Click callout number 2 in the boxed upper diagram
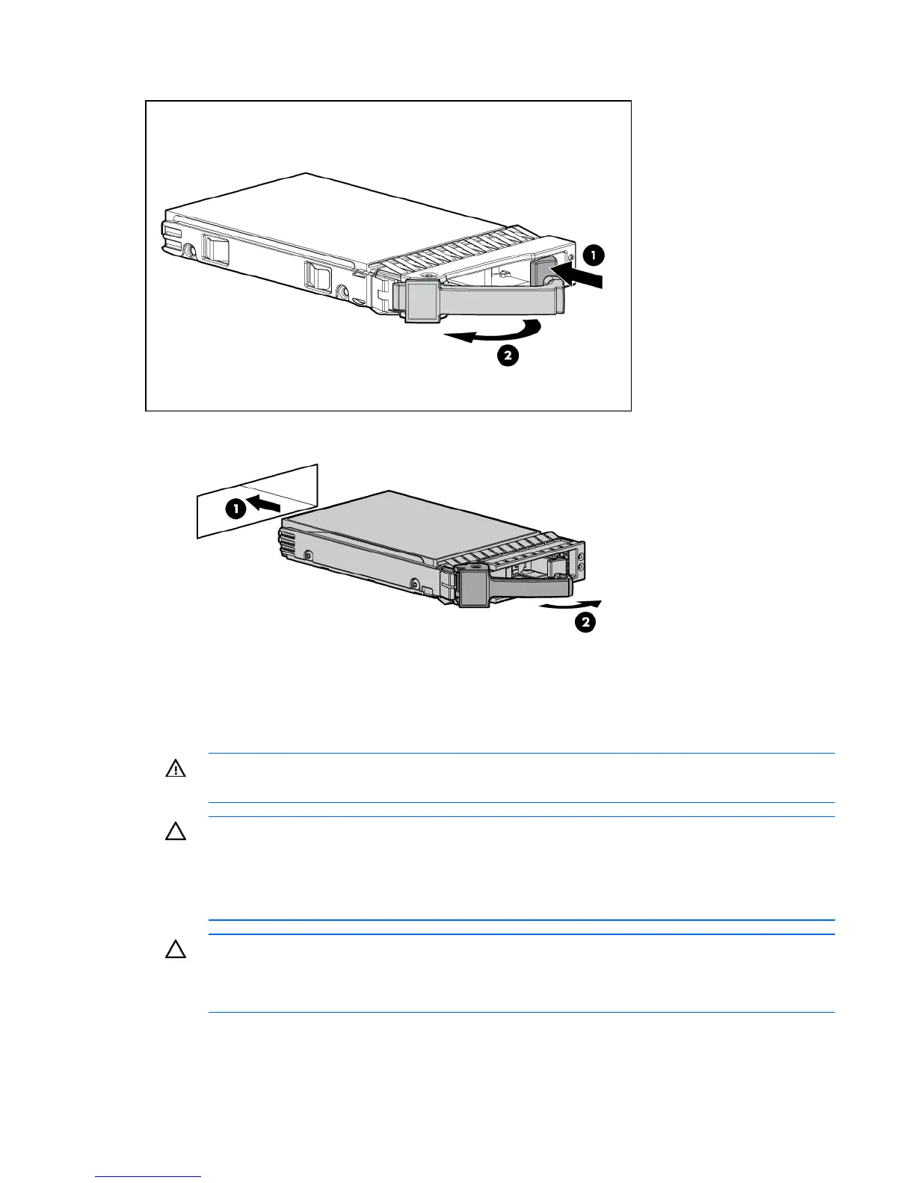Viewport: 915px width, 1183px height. coord(508,356)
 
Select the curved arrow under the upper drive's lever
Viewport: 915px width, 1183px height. coord(490,332)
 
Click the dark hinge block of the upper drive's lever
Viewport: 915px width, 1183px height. coord(420,302)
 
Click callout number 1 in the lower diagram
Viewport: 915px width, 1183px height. coord(235,509)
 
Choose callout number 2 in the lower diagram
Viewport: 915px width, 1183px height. coord(585,622)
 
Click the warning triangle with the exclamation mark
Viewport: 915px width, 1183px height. coord(175,769)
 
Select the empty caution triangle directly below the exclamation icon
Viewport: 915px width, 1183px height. coord(175,832)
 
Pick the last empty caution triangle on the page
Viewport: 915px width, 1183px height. coord(175,950)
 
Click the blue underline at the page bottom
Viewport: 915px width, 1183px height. coord(148,1178)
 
